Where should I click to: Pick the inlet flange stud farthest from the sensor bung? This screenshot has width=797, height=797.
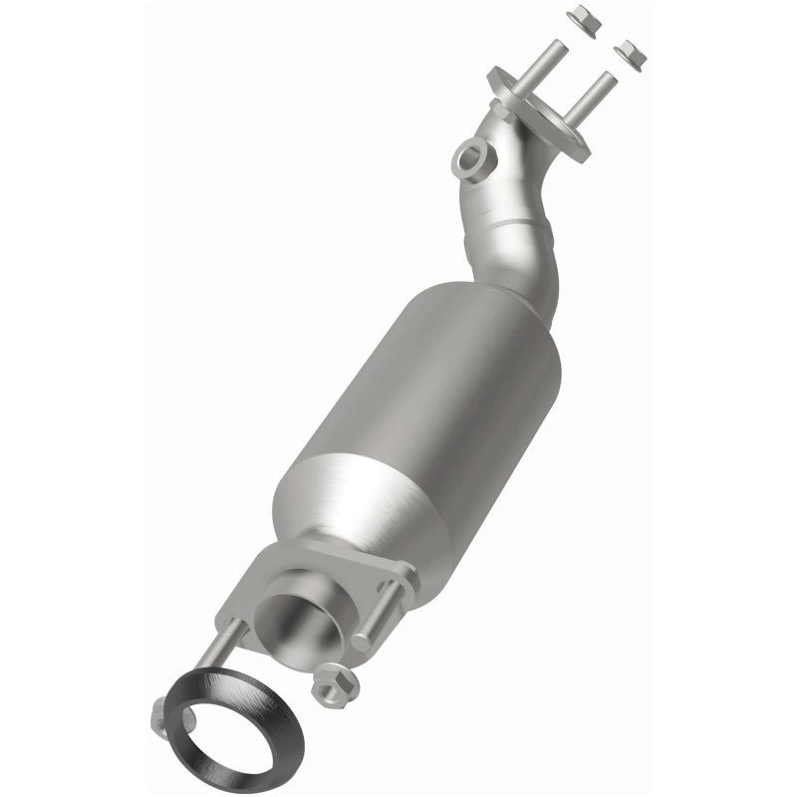pyautogui.click(x=595, y=98)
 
